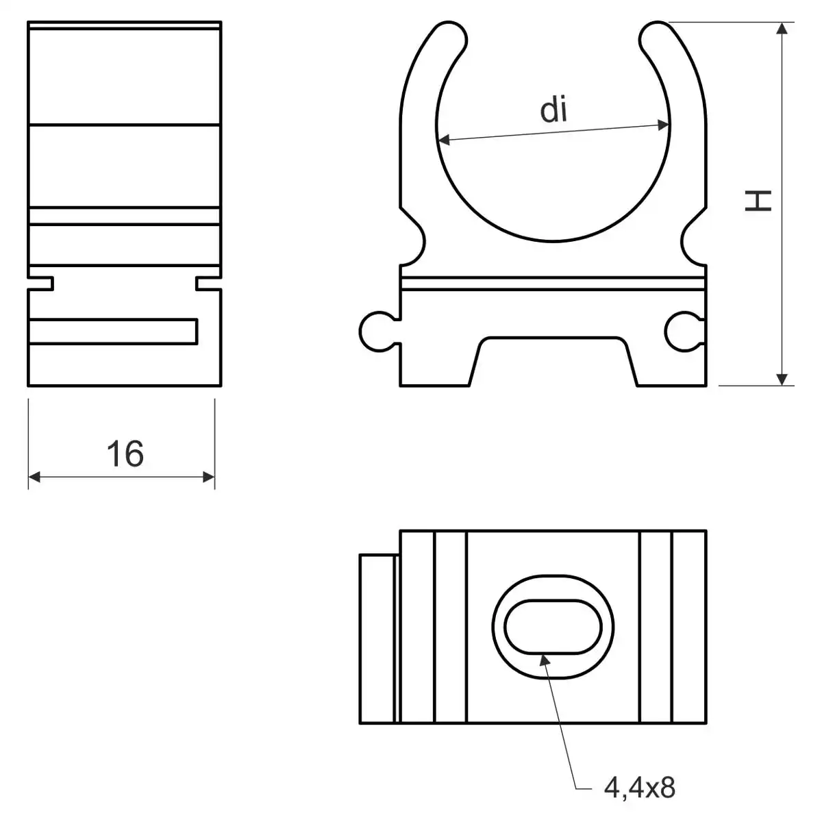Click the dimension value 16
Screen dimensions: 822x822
(125, 453)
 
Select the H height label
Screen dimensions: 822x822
(758, 201)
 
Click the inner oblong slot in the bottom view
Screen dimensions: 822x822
(553, 627)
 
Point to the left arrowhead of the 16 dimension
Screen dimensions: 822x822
(34, 477)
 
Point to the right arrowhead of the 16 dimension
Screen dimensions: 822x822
(209, 477)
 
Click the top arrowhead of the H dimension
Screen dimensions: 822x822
(782, 28)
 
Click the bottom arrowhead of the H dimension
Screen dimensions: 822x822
(782, 379)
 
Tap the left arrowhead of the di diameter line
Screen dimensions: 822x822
(444, 140)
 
